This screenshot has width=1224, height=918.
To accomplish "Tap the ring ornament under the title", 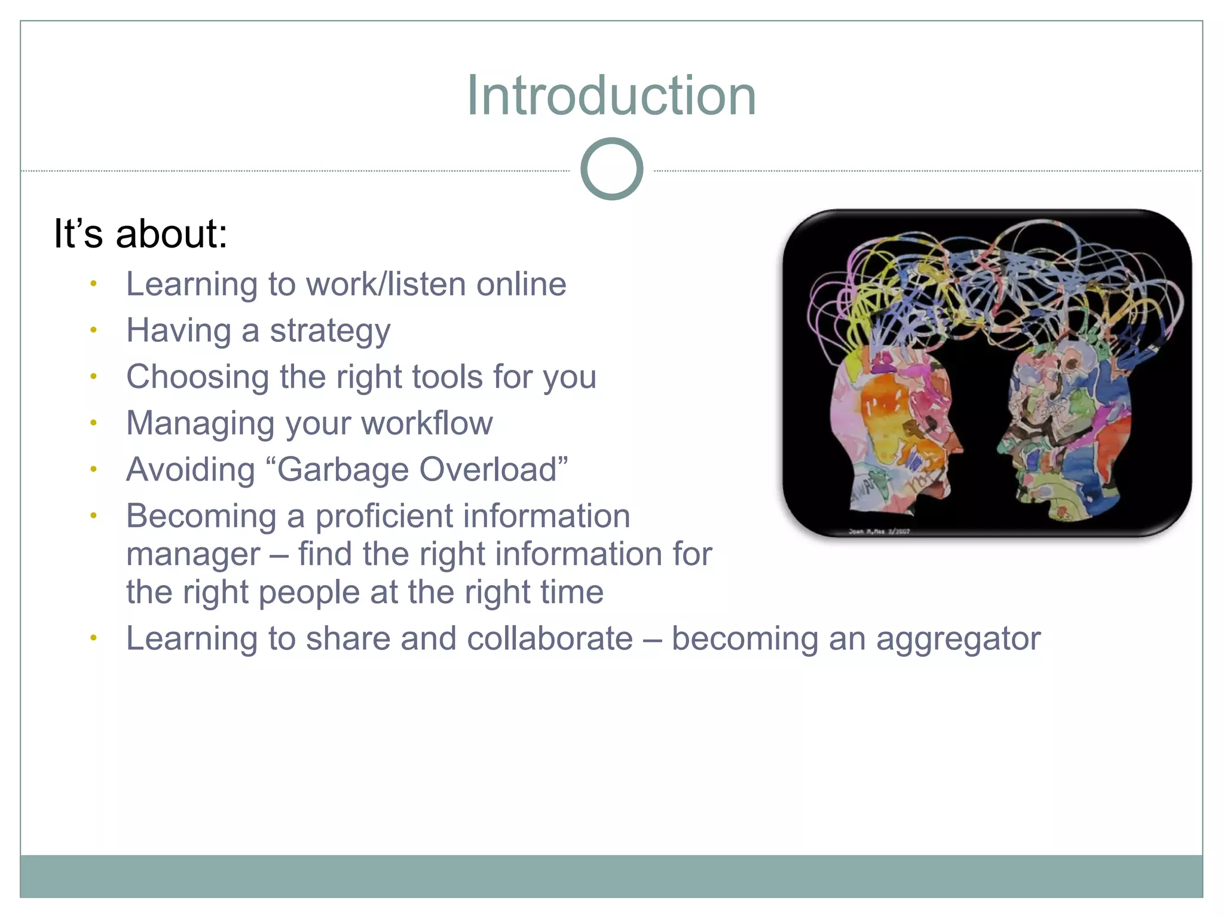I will (x=611, y=169).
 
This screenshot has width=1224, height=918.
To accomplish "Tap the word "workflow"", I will (x=427, y=424).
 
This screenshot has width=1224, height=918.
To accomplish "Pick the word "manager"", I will (x=193, y=555).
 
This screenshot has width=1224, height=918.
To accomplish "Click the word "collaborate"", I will (x=549, y=639).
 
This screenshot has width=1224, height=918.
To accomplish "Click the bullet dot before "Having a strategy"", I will (x=93, y=330).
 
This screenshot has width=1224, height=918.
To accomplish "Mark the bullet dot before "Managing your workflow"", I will (x=93, y=423).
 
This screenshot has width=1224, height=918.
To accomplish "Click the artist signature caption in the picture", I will (x=879, y=531).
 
